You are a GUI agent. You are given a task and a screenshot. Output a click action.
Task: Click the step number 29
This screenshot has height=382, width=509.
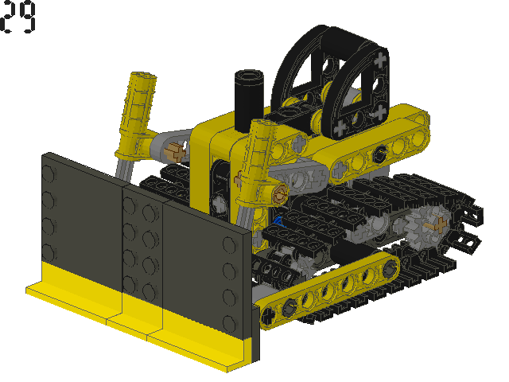click(x=17, y=17)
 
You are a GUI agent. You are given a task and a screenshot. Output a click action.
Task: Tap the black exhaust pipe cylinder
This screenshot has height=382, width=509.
click(x=249, y=100)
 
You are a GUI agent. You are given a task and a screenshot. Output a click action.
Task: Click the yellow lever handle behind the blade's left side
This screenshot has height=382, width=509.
click(x=136, y=114)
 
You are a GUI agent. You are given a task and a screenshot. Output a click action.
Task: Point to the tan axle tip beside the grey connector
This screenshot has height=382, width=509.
click(x=175, y=152)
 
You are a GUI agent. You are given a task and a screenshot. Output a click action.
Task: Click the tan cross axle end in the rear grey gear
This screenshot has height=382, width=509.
click(x=437, y=224)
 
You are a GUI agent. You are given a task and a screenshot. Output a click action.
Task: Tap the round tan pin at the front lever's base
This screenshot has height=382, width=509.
click(x=280, y=194)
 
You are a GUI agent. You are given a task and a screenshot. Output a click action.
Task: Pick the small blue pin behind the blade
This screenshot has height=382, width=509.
click(x=278, y=221)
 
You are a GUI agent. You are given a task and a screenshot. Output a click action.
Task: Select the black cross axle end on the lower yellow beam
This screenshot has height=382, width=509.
click(x=268, y=314)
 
